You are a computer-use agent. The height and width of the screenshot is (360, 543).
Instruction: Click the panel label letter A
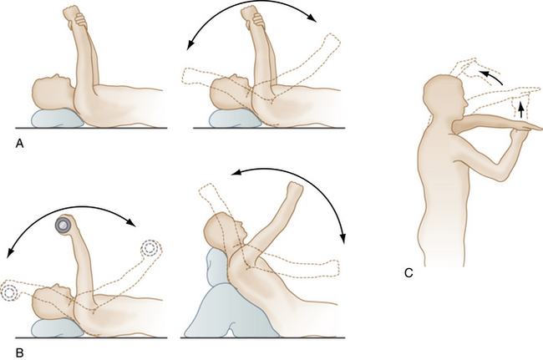(20, 144)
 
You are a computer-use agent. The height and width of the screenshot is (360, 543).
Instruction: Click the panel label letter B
(20, 352)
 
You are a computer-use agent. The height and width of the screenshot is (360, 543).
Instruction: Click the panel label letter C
(409, 273)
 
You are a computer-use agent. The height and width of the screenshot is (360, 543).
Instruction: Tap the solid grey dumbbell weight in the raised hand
(63, 226)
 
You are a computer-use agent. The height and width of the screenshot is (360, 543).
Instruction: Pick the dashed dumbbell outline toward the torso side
(150, 248)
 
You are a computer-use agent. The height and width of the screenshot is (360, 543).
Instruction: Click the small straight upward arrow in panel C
(520, 109)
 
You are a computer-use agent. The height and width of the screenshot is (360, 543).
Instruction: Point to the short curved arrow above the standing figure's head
(491, 77)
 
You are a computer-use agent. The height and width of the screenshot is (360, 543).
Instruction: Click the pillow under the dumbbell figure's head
(58, 328)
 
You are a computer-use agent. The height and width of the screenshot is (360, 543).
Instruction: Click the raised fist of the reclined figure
(295, 190)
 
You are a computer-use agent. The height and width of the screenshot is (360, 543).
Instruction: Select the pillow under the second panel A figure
(235, 119)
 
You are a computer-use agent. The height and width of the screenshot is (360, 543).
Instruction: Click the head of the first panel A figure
(53, 93)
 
